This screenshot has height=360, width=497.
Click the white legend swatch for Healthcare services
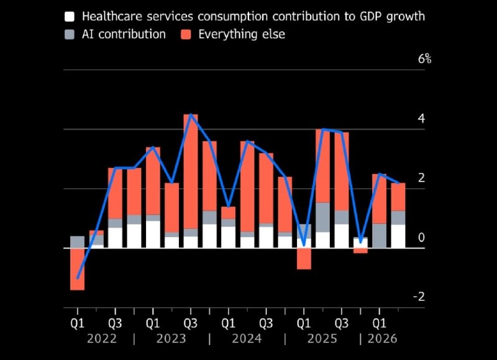coord(70,17)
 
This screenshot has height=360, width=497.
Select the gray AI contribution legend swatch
coord(70,34)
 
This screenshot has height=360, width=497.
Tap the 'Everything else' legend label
coord(242,34)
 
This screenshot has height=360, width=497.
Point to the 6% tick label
coord(424,58)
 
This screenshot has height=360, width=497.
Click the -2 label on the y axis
coord(419,297)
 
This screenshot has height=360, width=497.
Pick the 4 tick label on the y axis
coord(421,118)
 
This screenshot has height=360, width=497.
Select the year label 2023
coord(171,339)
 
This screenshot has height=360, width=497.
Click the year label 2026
coord(382,339)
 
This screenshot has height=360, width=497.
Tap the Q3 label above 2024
coord(266,323)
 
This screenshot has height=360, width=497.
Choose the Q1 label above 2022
coord(77,323)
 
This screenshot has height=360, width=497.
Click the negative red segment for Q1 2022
coord(77,269)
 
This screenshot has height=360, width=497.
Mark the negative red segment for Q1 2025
coord(304,259)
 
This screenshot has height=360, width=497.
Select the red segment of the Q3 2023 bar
coord(191,171)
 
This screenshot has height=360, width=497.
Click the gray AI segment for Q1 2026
coord(380,236)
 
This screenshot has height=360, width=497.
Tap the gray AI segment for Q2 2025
coord(322,217)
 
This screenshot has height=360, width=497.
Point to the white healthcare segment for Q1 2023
coord(153,234)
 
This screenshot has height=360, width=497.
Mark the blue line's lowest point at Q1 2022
coord(78,278)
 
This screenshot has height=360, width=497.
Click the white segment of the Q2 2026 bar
coord(398,236)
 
